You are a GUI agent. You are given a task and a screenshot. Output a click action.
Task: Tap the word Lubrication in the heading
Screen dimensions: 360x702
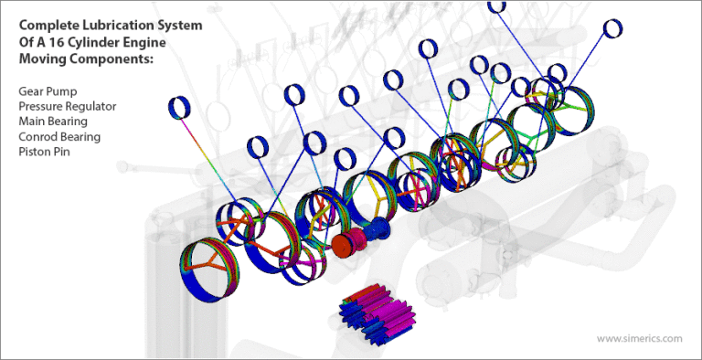tap(124, 25)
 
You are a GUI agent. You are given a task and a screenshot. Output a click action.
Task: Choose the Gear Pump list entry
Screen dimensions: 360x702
tap(45, 91)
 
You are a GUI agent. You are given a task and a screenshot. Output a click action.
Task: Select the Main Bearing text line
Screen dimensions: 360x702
tap(52, 122)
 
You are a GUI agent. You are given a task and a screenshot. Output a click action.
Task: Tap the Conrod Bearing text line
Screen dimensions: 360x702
tap(58, 136)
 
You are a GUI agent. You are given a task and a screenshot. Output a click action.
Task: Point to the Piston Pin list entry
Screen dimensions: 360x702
tap(43, 152)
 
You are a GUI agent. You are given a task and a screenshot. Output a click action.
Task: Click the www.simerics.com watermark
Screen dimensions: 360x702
tap(639, 338)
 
